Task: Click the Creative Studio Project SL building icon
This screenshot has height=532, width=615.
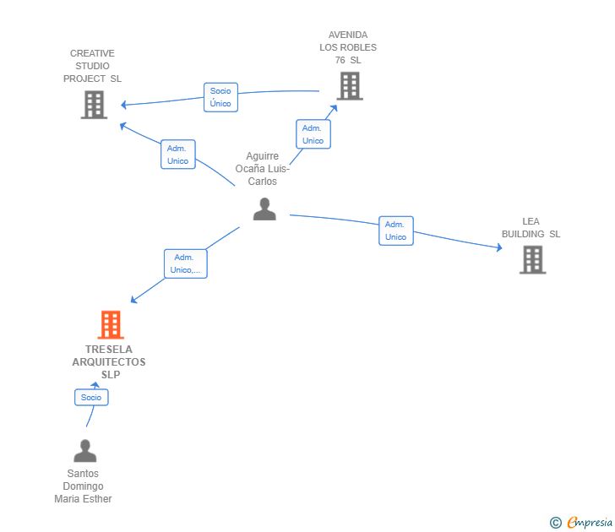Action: click(x=94, y=105)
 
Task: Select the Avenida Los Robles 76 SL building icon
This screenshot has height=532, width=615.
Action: click(x=349, y=86)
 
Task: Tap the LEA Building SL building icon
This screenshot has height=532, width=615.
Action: click(x=532, y=259)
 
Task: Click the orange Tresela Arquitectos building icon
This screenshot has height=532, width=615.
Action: click(x=111, y=325)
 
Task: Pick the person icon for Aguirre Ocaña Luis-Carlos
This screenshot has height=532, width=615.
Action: click(x=264, y=209)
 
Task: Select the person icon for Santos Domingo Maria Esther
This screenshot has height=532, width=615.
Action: click(x=84, y=451)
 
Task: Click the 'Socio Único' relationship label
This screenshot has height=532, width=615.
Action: click(x=220, y=97)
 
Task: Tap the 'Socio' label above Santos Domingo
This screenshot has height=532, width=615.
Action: click(x=91, y=397)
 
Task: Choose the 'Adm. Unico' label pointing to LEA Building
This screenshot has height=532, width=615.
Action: click(x=395, y=231)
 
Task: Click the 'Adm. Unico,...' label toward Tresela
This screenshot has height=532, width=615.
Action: click(x=185, y=263)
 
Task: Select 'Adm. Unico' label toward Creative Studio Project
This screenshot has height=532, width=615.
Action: click(x=177, y=155)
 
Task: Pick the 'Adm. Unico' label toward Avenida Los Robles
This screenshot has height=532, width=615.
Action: click(x=313, y=134)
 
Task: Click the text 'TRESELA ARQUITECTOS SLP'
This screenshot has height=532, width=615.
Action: click(x=109, y=361)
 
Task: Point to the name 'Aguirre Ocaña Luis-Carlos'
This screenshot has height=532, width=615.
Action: click(x=262, y=169)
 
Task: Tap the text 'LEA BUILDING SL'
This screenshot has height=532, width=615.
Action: click(x=531, y=228)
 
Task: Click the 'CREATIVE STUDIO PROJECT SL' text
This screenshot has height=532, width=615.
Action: click(x=92, y=66)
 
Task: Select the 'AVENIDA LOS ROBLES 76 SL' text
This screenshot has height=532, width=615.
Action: click(x=348, y=47)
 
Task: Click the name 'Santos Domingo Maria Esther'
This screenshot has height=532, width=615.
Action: click(x=83, y=486)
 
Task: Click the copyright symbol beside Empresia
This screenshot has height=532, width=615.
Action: click(x=555, y=523)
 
